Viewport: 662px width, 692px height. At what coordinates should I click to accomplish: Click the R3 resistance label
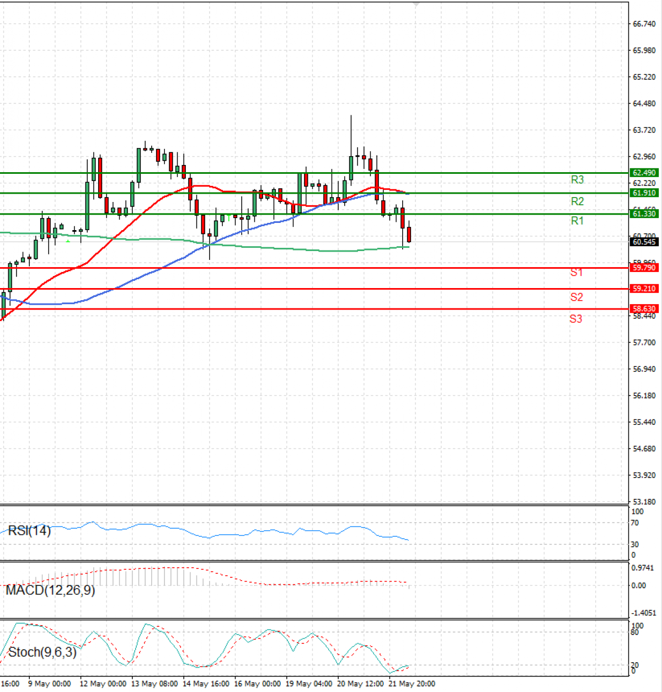(577, 180)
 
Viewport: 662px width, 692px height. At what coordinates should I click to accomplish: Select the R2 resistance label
(577, 201)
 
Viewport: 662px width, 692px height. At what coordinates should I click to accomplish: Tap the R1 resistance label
(577, 221)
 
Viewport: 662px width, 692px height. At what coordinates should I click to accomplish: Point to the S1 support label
(576, 272)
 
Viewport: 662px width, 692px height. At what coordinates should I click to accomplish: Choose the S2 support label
(576, 297)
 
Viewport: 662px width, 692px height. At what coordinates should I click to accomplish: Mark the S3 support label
(576, 318)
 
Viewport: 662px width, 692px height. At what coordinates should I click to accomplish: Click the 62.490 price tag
(644, 173)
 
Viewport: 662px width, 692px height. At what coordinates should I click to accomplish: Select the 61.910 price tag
(644, 193)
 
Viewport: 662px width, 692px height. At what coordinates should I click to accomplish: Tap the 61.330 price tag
(644, 214)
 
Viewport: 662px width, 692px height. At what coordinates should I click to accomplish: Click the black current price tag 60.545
(644, 242)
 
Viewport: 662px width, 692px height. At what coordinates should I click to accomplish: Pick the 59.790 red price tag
(644, 268)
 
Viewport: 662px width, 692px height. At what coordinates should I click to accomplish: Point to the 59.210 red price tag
(644, 289)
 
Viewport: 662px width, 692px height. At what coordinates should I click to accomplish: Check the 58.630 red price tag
(644, 309)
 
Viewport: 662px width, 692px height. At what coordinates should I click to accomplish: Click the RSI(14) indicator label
(29, 531)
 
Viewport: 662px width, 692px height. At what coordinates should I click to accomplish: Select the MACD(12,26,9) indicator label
(50, 590)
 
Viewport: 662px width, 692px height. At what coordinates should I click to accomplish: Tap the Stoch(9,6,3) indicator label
(42, 652)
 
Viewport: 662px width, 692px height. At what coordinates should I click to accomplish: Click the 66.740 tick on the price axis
(644, 24)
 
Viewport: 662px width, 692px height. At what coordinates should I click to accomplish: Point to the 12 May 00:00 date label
(103, 684)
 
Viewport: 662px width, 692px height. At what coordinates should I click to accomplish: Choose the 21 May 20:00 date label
(412, 684)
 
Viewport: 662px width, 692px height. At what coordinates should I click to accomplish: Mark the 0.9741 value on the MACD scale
(642, 568)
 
